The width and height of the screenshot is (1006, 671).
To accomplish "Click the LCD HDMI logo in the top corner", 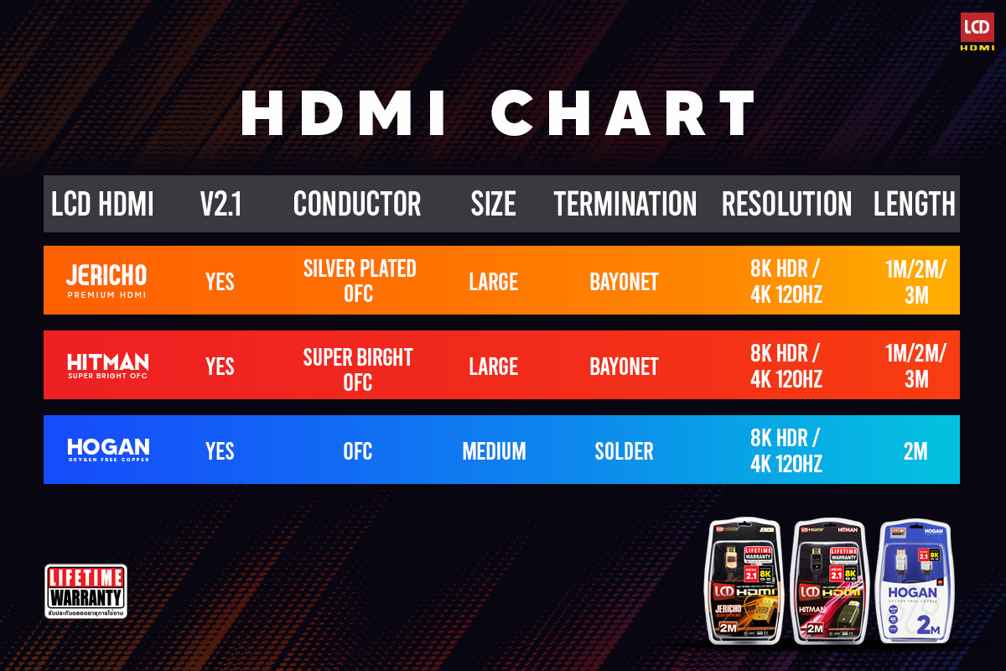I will pyautogui.click(x=976, y=32).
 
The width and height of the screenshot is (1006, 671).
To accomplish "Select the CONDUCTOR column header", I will pyautogui.click(x=357, y=204).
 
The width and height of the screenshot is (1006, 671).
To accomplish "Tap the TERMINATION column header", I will pyautogui.click(x=625, y=204).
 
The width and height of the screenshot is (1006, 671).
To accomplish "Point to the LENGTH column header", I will pyautogui.click(x=914, y=204).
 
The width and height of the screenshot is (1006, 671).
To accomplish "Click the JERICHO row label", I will pyautogui.click(x=106, y=280).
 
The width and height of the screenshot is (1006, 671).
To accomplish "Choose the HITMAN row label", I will pyautogui.click(x=107, y=366).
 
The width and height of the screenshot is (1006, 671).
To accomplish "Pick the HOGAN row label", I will pyautogui.click(x=108, y=450).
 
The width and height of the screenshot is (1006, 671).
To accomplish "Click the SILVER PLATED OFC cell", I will pyautogui.click(x=359, y=281).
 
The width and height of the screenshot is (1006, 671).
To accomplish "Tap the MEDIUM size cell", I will pyautogui.click(x=494, y=451).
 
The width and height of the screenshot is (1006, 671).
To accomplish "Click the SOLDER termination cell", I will pyautogui.click(x=624, y=451).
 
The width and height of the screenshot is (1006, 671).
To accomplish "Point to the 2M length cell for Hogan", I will pyautogui.click(x=915, y=451).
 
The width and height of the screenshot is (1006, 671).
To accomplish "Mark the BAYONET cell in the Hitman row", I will pyautogui.click(x=624, y=367).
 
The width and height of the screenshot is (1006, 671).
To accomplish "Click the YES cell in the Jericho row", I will pyautogui.click(x=220, y=282).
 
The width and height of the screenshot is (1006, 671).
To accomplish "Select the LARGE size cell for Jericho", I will pyautogui.click(x=493, y=282).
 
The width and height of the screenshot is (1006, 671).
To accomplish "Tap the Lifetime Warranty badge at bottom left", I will pyautogui.click(x=86, y=591).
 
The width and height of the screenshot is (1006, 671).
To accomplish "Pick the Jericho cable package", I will pyautogui.click(x=744, y=582).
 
